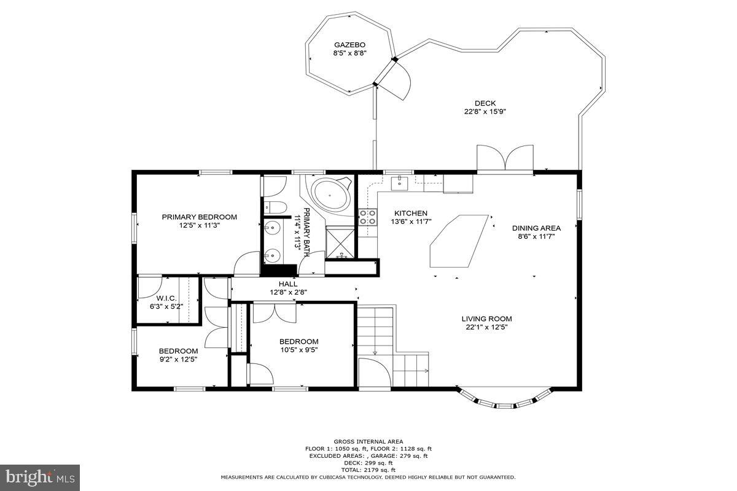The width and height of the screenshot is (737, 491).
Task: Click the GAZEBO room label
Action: (349, 45)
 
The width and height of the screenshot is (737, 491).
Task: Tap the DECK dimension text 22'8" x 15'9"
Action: (485, 112)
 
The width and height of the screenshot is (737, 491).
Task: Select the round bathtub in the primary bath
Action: (330, 195)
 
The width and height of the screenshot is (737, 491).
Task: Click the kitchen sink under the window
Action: (399, 183)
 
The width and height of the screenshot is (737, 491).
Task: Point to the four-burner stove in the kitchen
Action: (368, 217)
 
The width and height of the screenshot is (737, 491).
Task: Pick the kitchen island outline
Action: (459, 241)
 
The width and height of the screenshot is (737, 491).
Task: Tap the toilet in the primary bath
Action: (275, 207)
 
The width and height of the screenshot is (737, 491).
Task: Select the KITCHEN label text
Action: (411, 213)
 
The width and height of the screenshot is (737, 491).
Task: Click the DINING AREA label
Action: (536, 228)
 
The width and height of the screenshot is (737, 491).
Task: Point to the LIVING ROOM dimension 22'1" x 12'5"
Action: (486, 327)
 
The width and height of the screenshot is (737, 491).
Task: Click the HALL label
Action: (288, 284)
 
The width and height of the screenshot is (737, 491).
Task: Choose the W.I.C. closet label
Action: (166, 298)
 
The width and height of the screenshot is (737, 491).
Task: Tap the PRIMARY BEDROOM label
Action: (200, 217)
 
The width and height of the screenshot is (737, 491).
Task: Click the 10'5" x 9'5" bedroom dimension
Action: (299, 350)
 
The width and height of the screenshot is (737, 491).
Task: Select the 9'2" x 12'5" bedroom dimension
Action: (178, 360)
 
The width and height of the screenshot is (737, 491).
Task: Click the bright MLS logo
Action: (40, 478)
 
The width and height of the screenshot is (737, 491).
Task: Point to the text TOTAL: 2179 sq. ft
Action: (368, 470)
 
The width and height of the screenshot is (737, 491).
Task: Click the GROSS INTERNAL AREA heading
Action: (368, 442)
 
